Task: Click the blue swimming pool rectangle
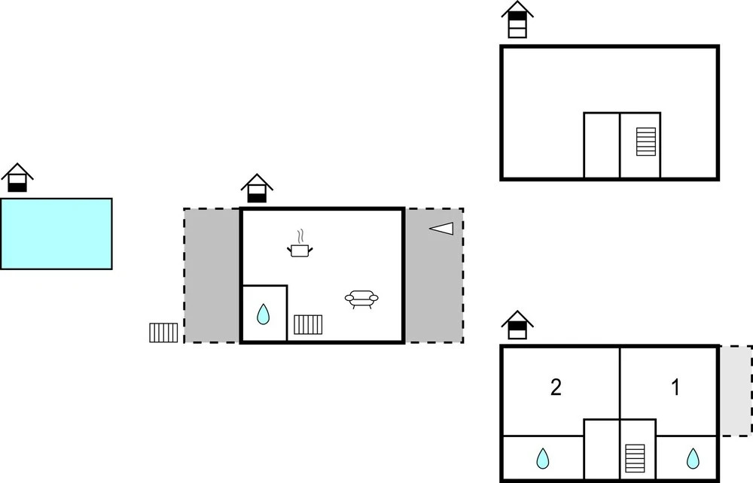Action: click(x=56, y=233)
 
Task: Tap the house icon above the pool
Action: click(x=17, y=178)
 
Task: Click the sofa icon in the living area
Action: click(x=361, y=299)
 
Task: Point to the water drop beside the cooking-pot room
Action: click(x=263, y=314)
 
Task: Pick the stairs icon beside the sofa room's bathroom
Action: click(x=308, y=324)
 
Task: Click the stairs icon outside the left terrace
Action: click(x=163, y=333)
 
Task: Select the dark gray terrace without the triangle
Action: click(x=212, y=275)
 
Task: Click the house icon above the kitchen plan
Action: click(x=257, y=189)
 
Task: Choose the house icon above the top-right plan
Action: click(x=517, y=20)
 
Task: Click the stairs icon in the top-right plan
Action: click(x=646, y=141)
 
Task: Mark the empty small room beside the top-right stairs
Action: click(x=602, y=145)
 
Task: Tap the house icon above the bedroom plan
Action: click(x=517, y=325)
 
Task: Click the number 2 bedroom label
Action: click(x=556, y=387)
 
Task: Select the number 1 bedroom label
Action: click(x=675, y=387)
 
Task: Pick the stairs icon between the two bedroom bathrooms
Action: click(x=636, y=457)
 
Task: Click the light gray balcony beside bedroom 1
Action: click(x=736, y=390)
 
